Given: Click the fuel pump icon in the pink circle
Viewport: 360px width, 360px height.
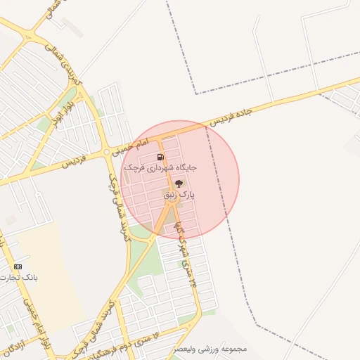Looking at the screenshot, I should tap(160, 157).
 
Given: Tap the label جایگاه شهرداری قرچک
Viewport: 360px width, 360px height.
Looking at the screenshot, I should tap(160, 169).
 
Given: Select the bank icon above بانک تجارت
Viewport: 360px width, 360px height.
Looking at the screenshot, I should tap(18, 266).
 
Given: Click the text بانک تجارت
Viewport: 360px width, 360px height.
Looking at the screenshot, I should tap(20, 278).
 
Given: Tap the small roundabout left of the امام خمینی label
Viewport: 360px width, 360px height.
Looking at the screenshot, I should tap(106, 152).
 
